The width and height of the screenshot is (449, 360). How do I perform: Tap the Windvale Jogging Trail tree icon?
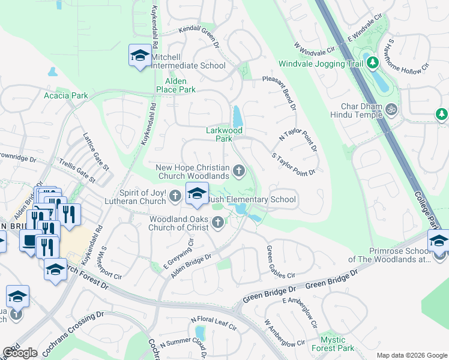(x=372, y=62)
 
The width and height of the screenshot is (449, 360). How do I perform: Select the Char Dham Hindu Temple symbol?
(x=391, y=109)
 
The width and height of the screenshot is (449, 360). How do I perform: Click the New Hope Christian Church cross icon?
(x=239, y=172)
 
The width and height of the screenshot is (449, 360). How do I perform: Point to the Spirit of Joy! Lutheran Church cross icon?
(x=175, y=195)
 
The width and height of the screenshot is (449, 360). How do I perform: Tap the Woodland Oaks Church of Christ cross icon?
(x=218, y=224)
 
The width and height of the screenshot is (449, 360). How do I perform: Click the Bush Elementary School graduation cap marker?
(x=197, y=193)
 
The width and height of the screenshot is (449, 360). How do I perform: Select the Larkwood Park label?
(x=224, y=134)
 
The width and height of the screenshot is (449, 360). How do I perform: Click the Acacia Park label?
(x=66, y=95)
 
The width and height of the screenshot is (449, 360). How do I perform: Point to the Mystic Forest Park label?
(x=333, y=344)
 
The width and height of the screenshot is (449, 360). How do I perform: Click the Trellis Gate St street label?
(x=77, y=170)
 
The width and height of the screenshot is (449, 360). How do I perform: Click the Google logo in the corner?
(x=20, y=353)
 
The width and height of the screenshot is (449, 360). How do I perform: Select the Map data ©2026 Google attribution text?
(x=411, y=355)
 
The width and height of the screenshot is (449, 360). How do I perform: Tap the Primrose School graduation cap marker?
(x=438, y=242)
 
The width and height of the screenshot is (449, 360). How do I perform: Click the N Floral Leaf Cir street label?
(x=214, y=324)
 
